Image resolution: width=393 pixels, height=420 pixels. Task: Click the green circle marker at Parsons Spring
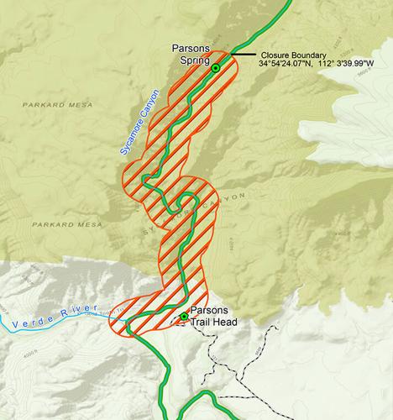click(x=215, y=67)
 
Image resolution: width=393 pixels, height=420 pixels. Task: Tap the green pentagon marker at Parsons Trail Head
click(x=184, y=315)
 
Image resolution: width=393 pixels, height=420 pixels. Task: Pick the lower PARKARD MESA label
click(x=66, y=224)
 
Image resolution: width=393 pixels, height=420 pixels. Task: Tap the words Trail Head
click(x=217, y=322)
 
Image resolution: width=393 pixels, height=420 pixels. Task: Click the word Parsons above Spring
click(x=188, y=47)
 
